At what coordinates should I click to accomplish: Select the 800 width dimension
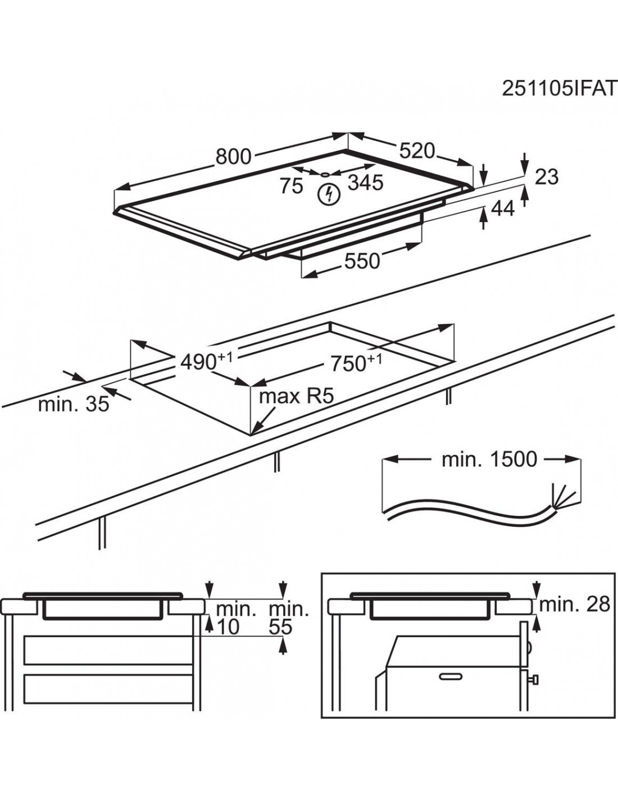pyautogui.click(x=233, y=157)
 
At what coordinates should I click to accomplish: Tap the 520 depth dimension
pyautogui.click(x=417, y=151)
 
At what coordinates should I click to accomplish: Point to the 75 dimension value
pyautogui.click(x=292, y=185)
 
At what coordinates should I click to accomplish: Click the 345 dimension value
pyautogui.click(x=365, y=183)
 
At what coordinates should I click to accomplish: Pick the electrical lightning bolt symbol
pyautogui.click(x=328, y=194)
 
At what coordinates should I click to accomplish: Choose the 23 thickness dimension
pyautogui.click(x=546, y=177)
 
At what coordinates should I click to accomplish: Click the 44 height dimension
pyautogui.click(x=503, y=208)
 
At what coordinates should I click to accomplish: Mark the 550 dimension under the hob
pyautogui.click(x=361, y=261)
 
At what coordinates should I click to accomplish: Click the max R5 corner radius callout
pyautogui.click(x=296, y=396)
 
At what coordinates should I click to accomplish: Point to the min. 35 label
pyautogui.click(x=73, y=404)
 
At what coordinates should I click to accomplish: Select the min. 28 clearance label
pyautogui.click(x=574, y=604)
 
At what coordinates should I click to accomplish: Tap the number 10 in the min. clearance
pyautogui.click(x=228, y=627)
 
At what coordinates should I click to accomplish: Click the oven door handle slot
pyautogui.click(x=453, y=677)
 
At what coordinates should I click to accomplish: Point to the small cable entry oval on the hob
pyautogui.click(x=325, y=174)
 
